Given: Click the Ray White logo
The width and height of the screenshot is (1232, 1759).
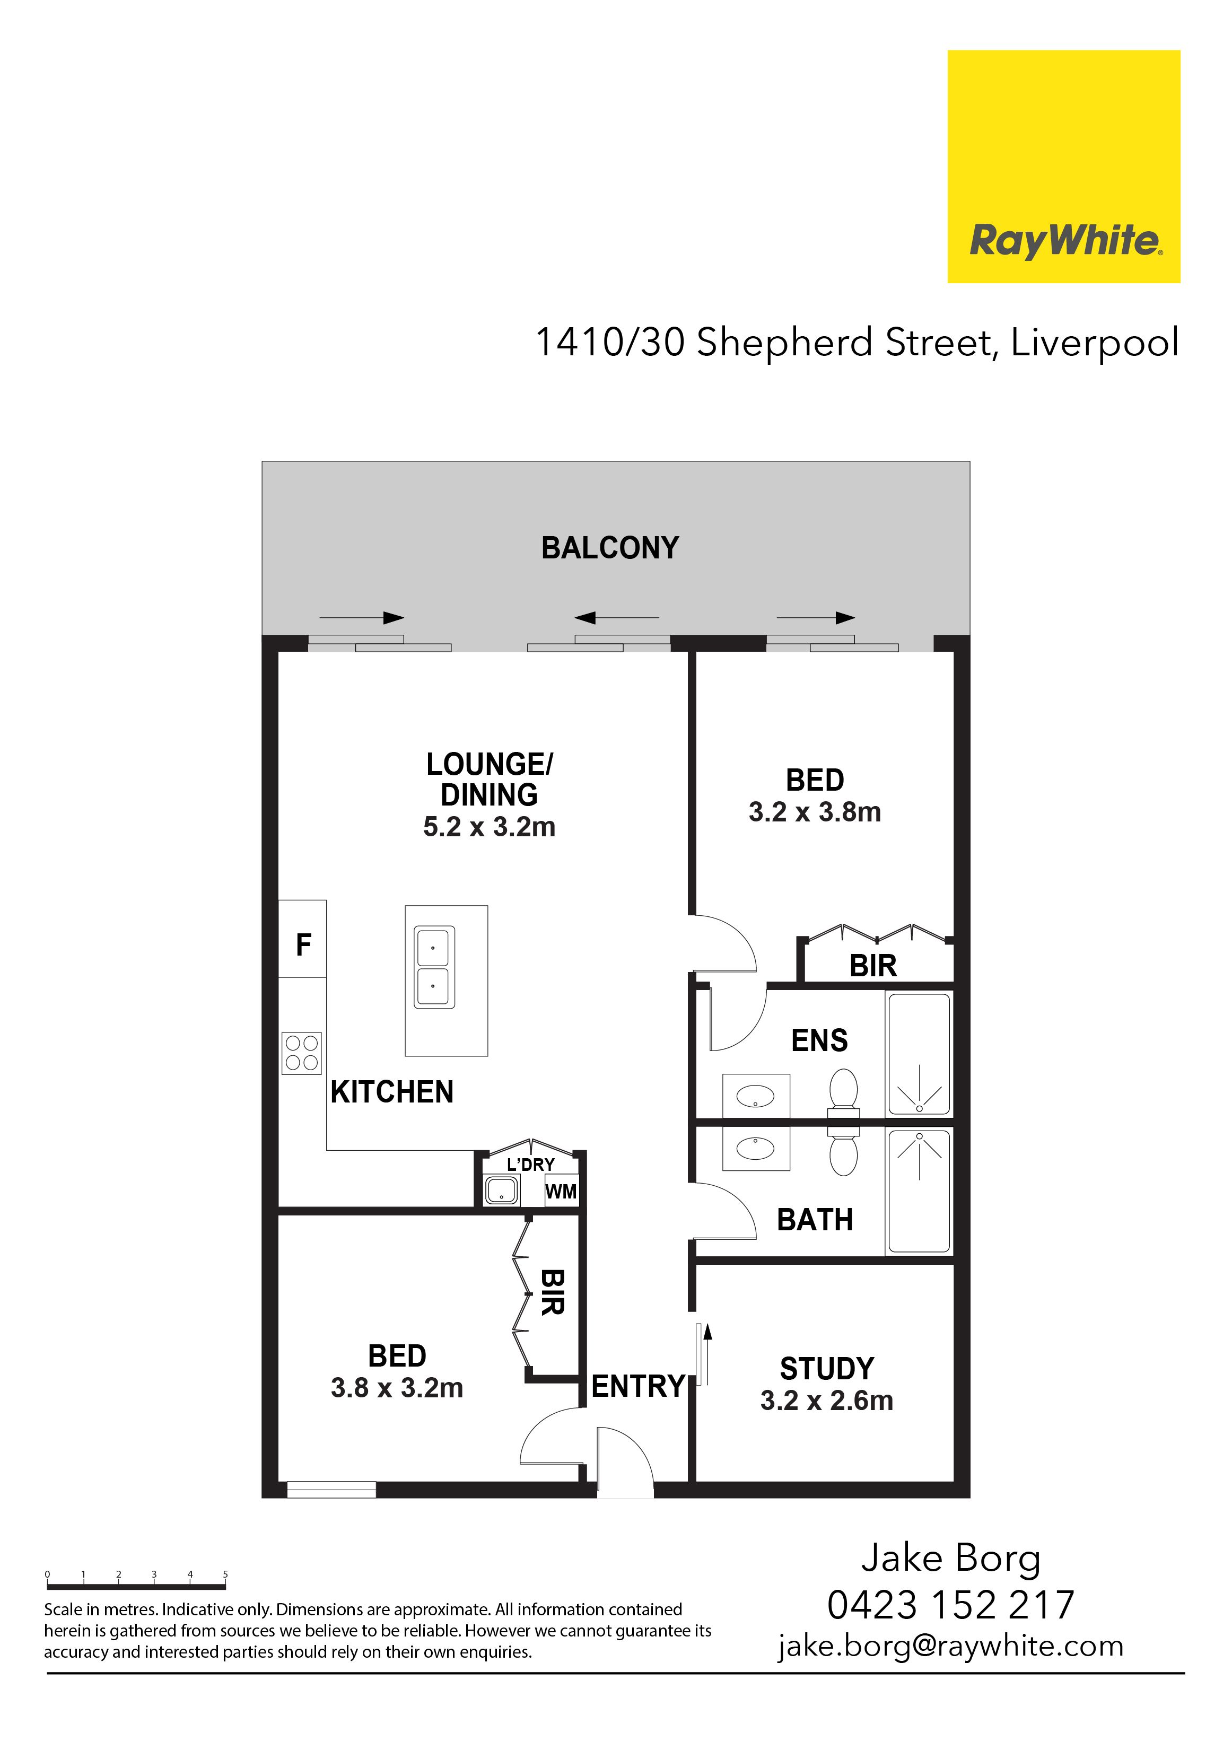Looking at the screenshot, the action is (1063, 166).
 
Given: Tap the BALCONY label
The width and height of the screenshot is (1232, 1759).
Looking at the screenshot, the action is (610, 548).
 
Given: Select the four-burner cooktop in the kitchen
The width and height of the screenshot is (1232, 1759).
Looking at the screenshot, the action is (301, 1053).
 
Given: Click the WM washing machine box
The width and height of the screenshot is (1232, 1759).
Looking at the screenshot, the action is (561, 1191).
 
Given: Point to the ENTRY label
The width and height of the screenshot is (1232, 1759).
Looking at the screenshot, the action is (638, 1386).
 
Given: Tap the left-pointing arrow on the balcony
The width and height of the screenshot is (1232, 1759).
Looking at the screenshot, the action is (617, 617).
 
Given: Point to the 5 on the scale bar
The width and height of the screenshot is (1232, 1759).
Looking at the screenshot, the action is (225, 1574).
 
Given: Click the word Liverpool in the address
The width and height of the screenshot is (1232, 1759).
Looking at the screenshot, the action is (1095, 343).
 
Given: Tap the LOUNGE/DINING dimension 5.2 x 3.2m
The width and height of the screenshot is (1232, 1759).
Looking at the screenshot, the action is (489, 827).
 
